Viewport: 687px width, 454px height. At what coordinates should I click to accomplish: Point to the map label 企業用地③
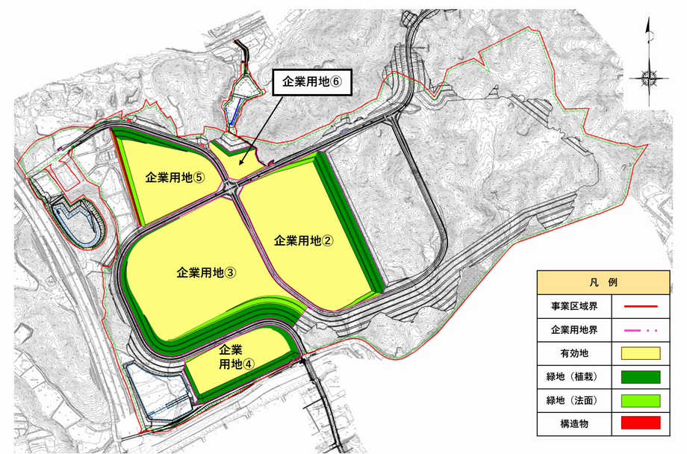coord(207,273)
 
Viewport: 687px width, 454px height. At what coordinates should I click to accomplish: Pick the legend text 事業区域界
coord(568,306)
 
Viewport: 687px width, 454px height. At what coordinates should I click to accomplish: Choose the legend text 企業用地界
coord(568,329)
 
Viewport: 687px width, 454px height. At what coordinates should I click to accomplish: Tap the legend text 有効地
coord(568,353)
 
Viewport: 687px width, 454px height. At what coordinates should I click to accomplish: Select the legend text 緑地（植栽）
coord(568,376)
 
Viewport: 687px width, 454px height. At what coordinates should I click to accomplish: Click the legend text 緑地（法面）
coord(568,399)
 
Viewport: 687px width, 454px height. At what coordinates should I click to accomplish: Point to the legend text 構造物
coord(568,423)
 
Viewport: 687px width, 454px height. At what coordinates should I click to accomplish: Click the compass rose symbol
coord(648,75)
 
